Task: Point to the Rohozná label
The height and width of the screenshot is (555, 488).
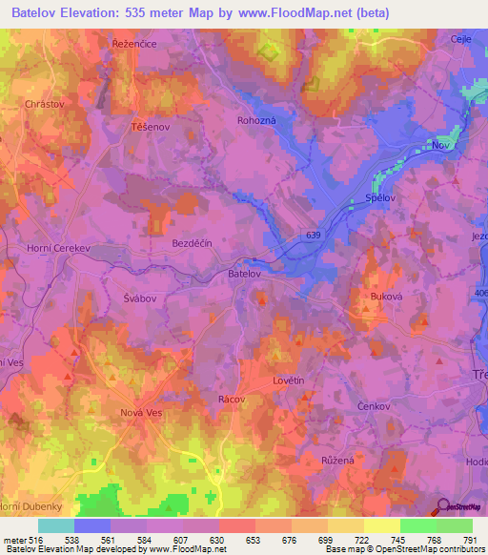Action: point(256,121)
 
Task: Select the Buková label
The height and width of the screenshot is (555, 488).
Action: point(389,297)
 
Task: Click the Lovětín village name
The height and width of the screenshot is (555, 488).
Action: point(288,380)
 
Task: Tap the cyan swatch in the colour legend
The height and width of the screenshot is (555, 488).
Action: point(56,525)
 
